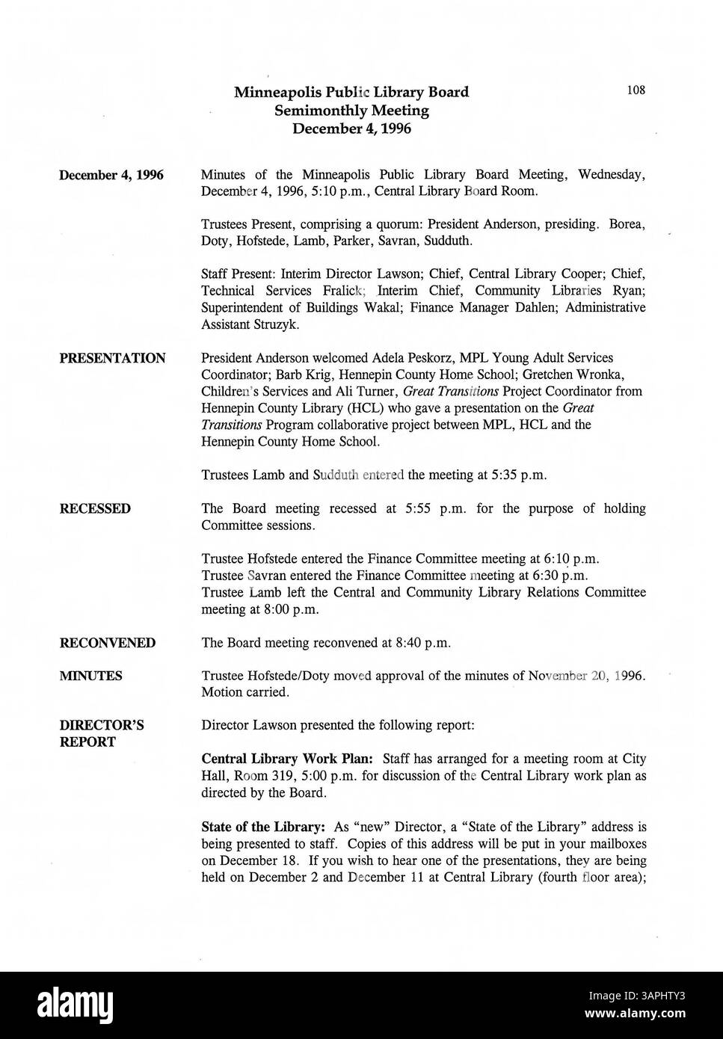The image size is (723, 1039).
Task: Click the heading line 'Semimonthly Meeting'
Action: tap(351, 111)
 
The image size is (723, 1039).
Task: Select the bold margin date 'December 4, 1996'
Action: tap(111, 176)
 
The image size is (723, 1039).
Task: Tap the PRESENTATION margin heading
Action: tap(112, 358)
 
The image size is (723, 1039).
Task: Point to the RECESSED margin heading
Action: tap(95, 509)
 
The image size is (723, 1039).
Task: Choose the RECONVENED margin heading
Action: tap(108, 643)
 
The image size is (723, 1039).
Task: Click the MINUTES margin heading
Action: tap(90, 676)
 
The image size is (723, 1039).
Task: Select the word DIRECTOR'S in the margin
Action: tap(102, 725)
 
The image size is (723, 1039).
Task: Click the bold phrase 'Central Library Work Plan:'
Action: tap(272, 759)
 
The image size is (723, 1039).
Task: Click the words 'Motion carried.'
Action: tap(244, 692)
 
